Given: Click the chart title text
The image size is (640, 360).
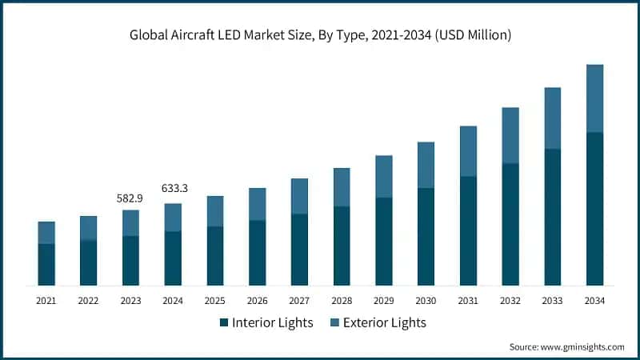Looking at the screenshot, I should coord(320,35).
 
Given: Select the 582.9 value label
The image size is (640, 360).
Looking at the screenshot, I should coord(130,198).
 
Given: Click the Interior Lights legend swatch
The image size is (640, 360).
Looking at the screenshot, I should coord(223,323).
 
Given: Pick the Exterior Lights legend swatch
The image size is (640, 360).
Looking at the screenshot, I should coord(334,323).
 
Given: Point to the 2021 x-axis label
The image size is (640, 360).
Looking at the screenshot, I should coord(46,301).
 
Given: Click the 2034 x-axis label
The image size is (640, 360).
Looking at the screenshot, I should coord(594,301).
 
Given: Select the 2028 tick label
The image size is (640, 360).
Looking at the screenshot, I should coord(342,301).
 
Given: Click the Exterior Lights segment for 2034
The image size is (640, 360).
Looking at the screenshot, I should coord(594,98).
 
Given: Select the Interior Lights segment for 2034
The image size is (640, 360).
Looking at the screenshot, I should coord(594,209).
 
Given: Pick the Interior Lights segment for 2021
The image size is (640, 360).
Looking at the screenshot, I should coord(46,265).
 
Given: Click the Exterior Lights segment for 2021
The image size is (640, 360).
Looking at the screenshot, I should coord(46,233).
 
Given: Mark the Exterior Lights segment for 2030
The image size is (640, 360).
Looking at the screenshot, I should coord(426,165).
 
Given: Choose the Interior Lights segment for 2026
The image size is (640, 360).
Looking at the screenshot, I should coord(257,253).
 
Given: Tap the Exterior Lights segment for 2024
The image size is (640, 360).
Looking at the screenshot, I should coord(173,218).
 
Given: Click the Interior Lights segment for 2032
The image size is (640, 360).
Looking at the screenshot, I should coord(510,224).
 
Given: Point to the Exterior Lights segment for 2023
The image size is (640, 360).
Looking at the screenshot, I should coord(130,223).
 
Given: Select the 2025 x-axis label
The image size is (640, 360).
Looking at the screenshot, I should coord(215,301).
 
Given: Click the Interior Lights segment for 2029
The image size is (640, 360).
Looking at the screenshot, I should coord(384,242).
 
